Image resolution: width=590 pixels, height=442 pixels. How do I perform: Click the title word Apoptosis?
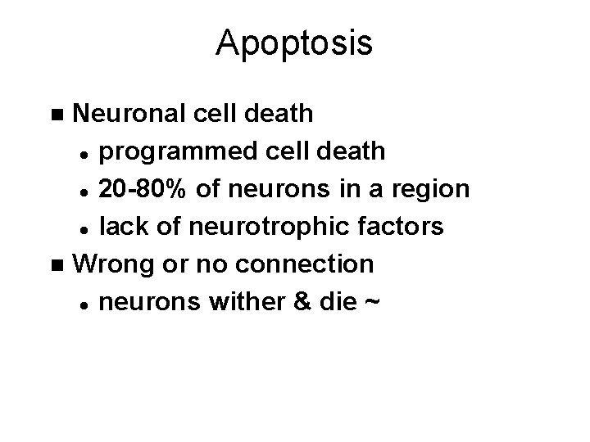(x=294, y=44)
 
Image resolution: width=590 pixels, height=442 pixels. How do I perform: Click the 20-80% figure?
(x=141, y=189)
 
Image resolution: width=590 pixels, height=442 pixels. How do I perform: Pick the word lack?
(x=120, y=227)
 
